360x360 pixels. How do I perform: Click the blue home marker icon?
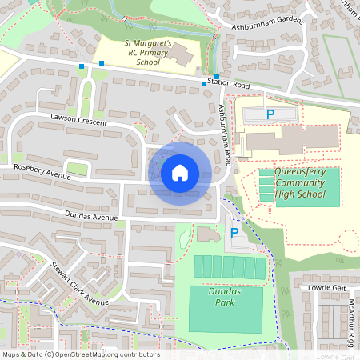[x=180, y=173]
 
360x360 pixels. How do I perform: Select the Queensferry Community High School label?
[x=300, y=182]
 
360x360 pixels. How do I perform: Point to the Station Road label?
[x=229, y=83]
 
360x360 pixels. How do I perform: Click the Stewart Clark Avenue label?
[x=79, y=284]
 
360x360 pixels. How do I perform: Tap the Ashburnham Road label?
[x=222, y=133]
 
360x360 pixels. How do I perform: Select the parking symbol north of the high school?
[x=270, y=114]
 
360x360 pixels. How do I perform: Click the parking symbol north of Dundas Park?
[x=234, y=233]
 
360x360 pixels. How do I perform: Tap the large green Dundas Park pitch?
[x=225, y=309]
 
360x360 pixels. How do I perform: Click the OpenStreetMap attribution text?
[x=80, y=354]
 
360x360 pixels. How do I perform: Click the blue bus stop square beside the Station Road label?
[x=203, y=83]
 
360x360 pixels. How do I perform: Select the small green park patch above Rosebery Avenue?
[x=76, y=168]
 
